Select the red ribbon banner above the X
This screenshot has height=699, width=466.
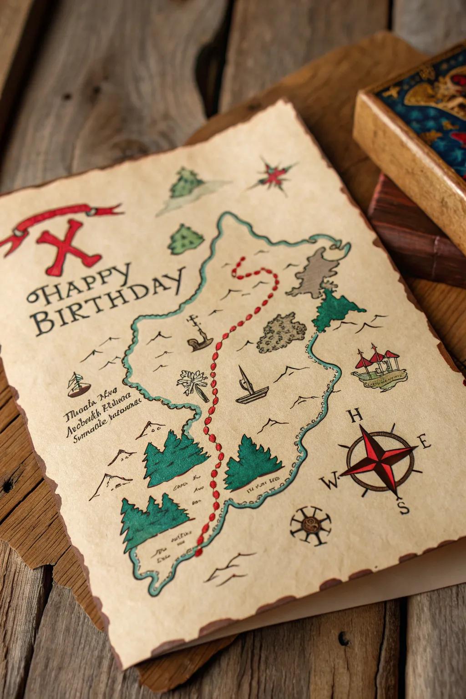(x=64, y=218)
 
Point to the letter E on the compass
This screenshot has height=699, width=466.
(x=424, y=441)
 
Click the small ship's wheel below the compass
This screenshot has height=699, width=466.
(x=311, y=526)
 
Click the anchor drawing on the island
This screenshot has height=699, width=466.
(x=199, y=334)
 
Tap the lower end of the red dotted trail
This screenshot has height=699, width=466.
(x=198, y=553)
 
